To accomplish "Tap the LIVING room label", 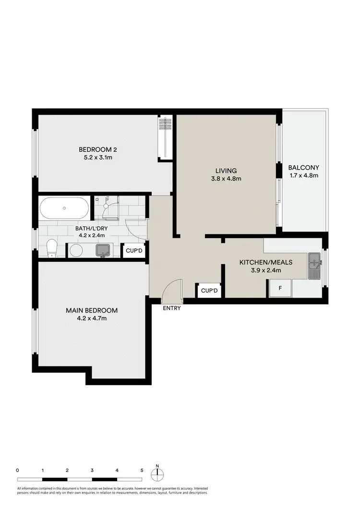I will (x=226, y=170).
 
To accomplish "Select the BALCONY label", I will (x=303, y=168).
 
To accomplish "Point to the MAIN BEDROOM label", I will (x=92, y=311).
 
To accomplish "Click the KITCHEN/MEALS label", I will (x=266, y=263).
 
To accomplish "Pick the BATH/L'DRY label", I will (x=91, y=228).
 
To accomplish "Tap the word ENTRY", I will (x=172, y=308).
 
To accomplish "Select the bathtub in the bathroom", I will (x=64, y=208).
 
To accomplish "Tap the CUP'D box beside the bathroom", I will (x=134, y=250).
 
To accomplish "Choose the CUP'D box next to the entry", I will (x=209, y=291).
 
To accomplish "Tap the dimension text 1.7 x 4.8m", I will (x=303, y=175).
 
